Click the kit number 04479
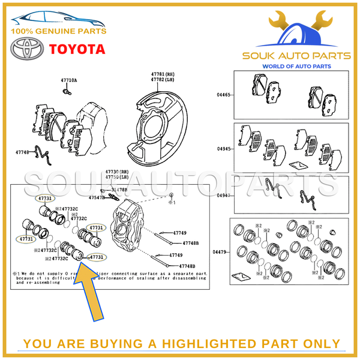click(x=222, y=251)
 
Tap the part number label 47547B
click(x=97, y=197)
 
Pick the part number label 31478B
click(x=119, y=190)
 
